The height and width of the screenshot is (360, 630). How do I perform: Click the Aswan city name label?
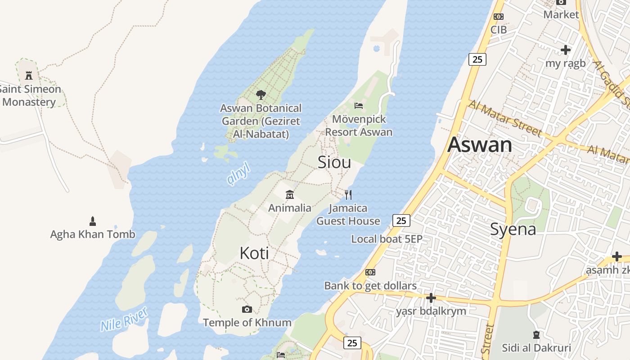[x=480, y=145]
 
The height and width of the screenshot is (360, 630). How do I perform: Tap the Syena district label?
[x=513, y=229]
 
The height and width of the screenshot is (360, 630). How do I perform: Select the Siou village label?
[x=334, y=162]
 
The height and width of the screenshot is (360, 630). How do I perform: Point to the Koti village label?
[x=254, y=253]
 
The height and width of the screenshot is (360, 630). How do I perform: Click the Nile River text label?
[x=124, y=319]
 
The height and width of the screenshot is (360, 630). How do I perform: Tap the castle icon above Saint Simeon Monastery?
[x=29, y=75]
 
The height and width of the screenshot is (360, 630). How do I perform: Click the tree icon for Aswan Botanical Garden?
[x=261, y=94]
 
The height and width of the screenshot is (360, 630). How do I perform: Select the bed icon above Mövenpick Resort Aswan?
[x=359, y=106]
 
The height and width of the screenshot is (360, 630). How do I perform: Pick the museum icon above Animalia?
[x=290, y=195]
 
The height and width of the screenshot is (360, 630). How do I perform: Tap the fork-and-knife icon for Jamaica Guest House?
[x=348, y=195]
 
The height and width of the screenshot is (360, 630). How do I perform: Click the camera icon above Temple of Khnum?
[x=247, y=309]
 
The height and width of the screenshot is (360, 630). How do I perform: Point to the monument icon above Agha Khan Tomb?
[x=93, y=221]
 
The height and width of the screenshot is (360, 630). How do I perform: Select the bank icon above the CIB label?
[x=498, y=17]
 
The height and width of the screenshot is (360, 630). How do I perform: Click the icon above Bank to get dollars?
[x=370, y=272]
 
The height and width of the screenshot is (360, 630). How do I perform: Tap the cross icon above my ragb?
[x=566, y=50]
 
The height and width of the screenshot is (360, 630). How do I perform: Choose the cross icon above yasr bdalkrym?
[x=431, y=298]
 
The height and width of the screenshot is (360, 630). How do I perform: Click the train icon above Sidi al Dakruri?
[x=536, y=335]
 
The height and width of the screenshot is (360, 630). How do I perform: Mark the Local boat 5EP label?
[x=387, y=239]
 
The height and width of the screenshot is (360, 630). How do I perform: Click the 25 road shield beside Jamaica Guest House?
[x=401, y=220]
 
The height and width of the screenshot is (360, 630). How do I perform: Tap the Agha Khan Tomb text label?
[x=92, y=234]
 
